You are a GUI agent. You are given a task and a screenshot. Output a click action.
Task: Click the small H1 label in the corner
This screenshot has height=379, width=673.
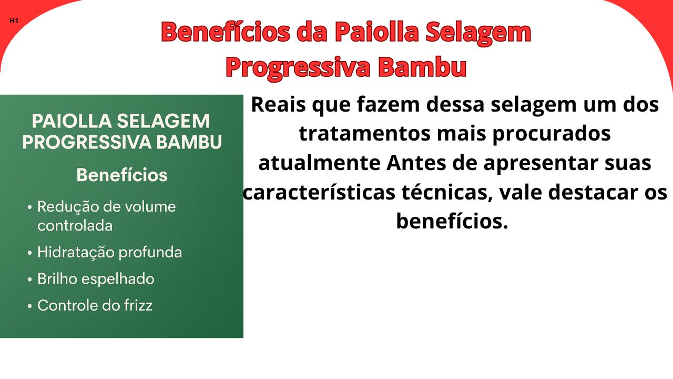(14, 21)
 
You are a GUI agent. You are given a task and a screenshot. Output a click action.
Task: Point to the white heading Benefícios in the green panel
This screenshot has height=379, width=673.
(122, 175)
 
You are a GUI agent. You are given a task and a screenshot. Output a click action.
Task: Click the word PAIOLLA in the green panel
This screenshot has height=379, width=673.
(71, 121)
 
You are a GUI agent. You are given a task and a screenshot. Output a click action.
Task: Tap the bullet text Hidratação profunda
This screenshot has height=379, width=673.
(109, 253)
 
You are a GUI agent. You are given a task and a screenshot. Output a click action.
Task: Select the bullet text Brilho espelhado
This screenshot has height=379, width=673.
(96, 279)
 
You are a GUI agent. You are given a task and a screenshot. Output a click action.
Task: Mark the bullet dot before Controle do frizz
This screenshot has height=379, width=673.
(30, 306)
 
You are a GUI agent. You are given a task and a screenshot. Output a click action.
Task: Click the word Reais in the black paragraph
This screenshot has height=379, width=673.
(278, 105)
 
